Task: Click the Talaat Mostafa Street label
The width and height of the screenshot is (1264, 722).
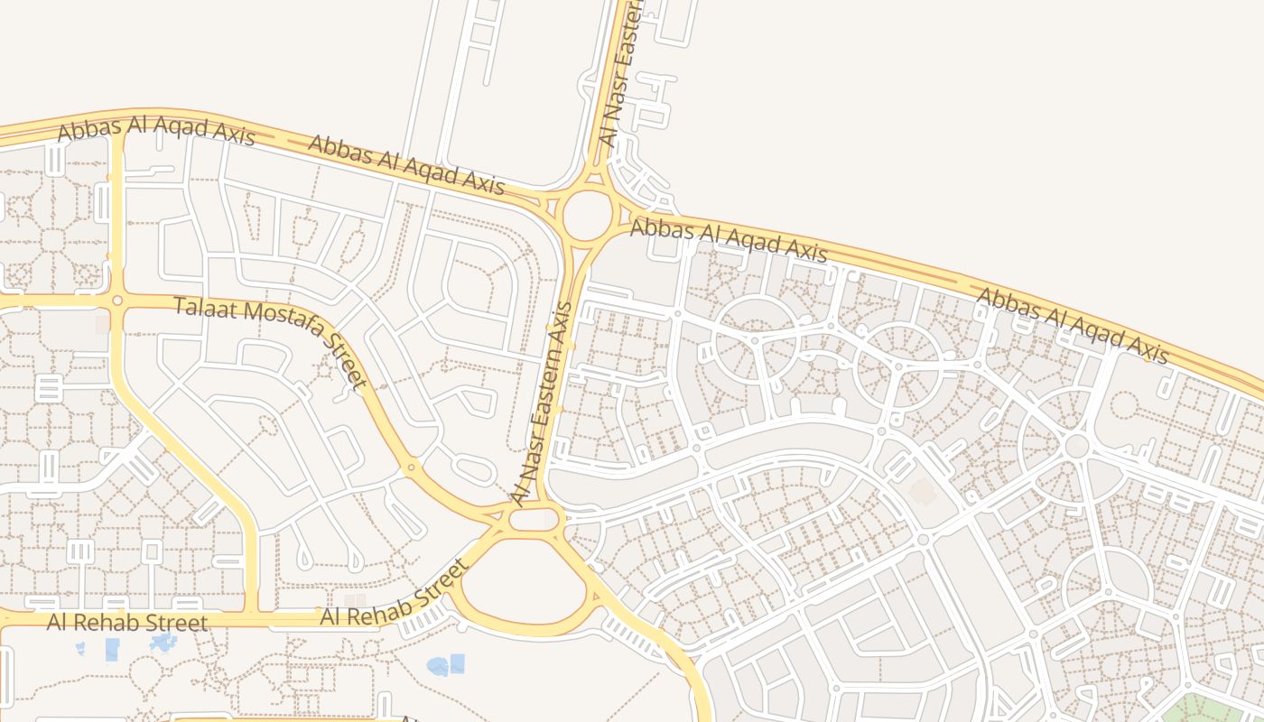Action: tap(271, 343)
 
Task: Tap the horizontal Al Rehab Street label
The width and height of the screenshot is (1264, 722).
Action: tap(127, 622)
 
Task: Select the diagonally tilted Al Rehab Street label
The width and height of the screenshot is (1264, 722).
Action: tap(395, 593)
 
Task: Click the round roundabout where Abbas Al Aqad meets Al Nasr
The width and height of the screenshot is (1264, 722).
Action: tap(584, 215)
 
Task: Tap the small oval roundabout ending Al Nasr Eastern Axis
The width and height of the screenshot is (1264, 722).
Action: tap(534, 519)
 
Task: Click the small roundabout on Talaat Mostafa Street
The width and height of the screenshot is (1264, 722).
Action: tap(411, 467)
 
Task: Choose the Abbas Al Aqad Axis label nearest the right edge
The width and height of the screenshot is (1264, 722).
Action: tap(1073, 326)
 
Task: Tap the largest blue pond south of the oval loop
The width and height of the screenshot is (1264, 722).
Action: tap(439, 666)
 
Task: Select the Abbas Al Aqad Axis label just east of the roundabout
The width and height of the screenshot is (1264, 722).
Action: tap(728, 239)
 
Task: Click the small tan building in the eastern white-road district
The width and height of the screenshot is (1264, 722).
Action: tap(922, 492)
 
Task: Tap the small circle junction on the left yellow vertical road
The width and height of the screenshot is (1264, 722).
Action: tap(116, 300)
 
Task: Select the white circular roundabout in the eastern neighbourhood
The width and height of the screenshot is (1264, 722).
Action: tap(1076, 446)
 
